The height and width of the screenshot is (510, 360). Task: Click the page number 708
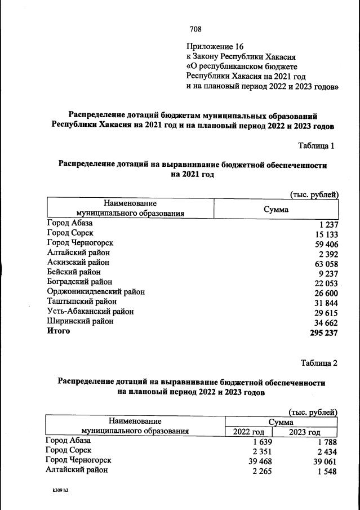coord(195,29)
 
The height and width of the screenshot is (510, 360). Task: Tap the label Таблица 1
coord(317,146)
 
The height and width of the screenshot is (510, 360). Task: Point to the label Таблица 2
coord(319,362)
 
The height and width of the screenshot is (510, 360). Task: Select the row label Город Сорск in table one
coord(70,233)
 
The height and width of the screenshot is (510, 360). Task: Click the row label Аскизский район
coord(78,262)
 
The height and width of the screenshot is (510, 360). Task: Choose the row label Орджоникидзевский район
coord(96,291)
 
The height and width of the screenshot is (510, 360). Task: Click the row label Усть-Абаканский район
coord(91,311)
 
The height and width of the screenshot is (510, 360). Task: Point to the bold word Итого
coord(59,331)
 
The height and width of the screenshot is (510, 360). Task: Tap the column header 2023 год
coord(305,432)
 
